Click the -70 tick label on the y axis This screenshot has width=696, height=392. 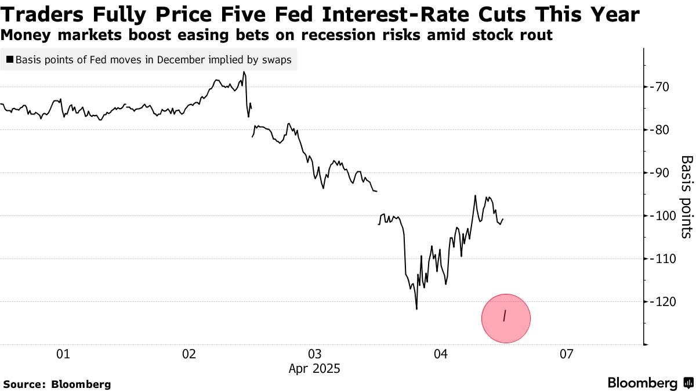click(662, 87)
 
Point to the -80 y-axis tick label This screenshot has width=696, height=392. click(662, 130)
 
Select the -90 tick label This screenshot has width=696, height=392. click(662, 173)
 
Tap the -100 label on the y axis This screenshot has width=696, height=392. click(664, 216)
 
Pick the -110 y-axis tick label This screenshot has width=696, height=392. click(664, 259)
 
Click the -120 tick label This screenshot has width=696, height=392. click(664, 302)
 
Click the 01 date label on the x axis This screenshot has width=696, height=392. click(63, 354)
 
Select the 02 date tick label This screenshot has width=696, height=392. click(188, 354)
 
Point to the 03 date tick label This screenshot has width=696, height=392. click(314, 354)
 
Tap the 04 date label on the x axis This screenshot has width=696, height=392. click(440, 354)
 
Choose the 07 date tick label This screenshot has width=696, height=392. click(566, 354)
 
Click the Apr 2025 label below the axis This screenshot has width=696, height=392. click(314, 368)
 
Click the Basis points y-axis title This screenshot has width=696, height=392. click(686, 196)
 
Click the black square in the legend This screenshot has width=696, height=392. click(10, 60)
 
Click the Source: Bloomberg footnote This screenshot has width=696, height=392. click(57, 384)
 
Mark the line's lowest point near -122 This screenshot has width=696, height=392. click(416, 308)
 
